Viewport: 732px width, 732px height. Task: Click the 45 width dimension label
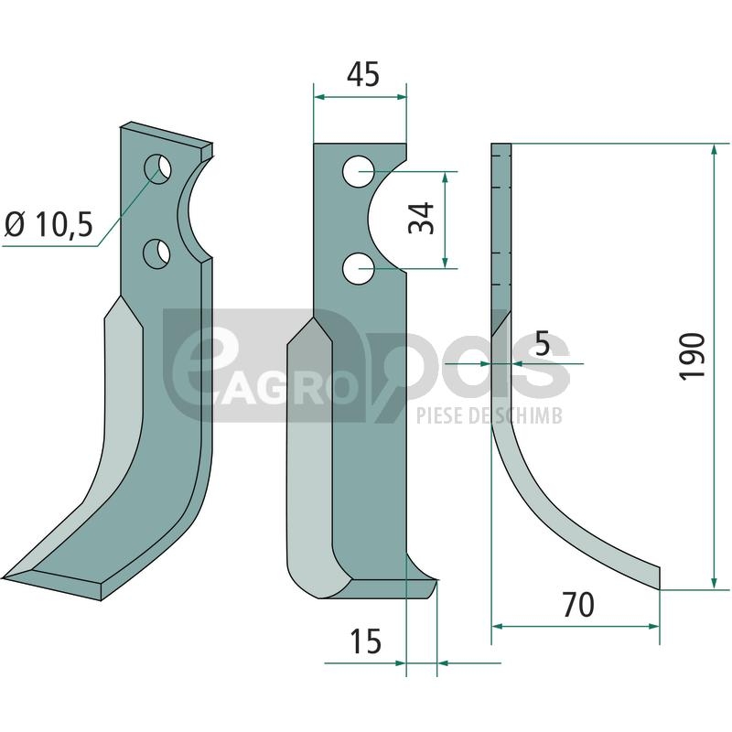pyautogui.click(x=363, y=74)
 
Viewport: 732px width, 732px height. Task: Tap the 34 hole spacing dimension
pyautogui.click(x=422, y=218)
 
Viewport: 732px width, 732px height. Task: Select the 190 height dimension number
pyautogui.click(x=692, y=356)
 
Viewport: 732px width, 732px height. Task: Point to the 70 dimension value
pyautogui.click(x=578, y=605)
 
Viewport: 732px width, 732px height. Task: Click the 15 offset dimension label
pyautogui.click(x=365, y=641)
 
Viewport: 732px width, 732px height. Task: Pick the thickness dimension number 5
pyautogui.click(x=543, y=344)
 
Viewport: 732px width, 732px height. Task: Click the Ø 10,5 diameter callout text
pyautogui.click(x=48, y=224)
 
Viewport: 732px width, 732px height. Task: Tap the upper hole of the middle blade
pyautogui.click(x=359, y=171)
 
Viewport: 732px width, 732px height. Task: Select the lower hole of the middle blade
pyautogui.click(x=359, y=268)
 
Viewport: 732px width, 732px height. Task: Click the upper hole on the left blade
pyautogui.click(x=157, y=168)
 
